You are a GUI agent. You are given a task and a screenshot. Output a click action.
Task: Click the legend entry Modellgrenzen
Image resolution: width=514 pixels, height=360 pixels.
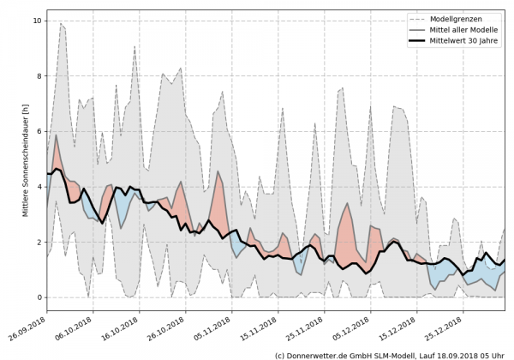click(463, 18)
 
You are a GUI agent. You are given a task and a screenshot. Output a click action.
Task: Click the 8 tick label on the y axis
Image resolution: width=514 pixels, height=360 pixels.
click(39, 76)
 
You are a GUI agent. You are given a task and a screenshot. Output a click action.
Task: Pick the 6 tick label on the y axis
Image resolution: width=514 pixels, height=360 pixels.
click(39, 131)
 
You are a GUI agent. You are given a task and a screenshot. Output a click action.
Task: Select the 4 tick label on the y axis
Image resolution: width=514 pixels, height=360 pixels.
click(39, 187)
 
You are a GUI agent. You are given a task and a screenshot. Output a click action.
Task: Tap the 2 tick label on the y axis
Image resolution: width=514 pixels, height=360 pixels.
click(39, 242)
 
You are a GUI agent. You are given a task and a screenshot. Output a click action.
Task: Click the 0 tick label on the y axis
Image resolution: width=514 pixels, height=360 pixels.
click(39, 297)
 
